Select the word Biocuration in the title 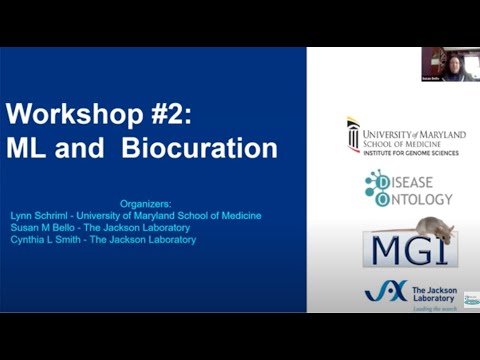click(200, 148)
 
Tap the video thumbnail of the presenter click(446, 63)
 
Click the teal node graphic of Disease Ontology click(377, 187)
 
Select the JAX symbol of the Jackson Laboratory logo click(386, 291)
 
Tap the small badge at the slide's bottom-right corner click(470, 299)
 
